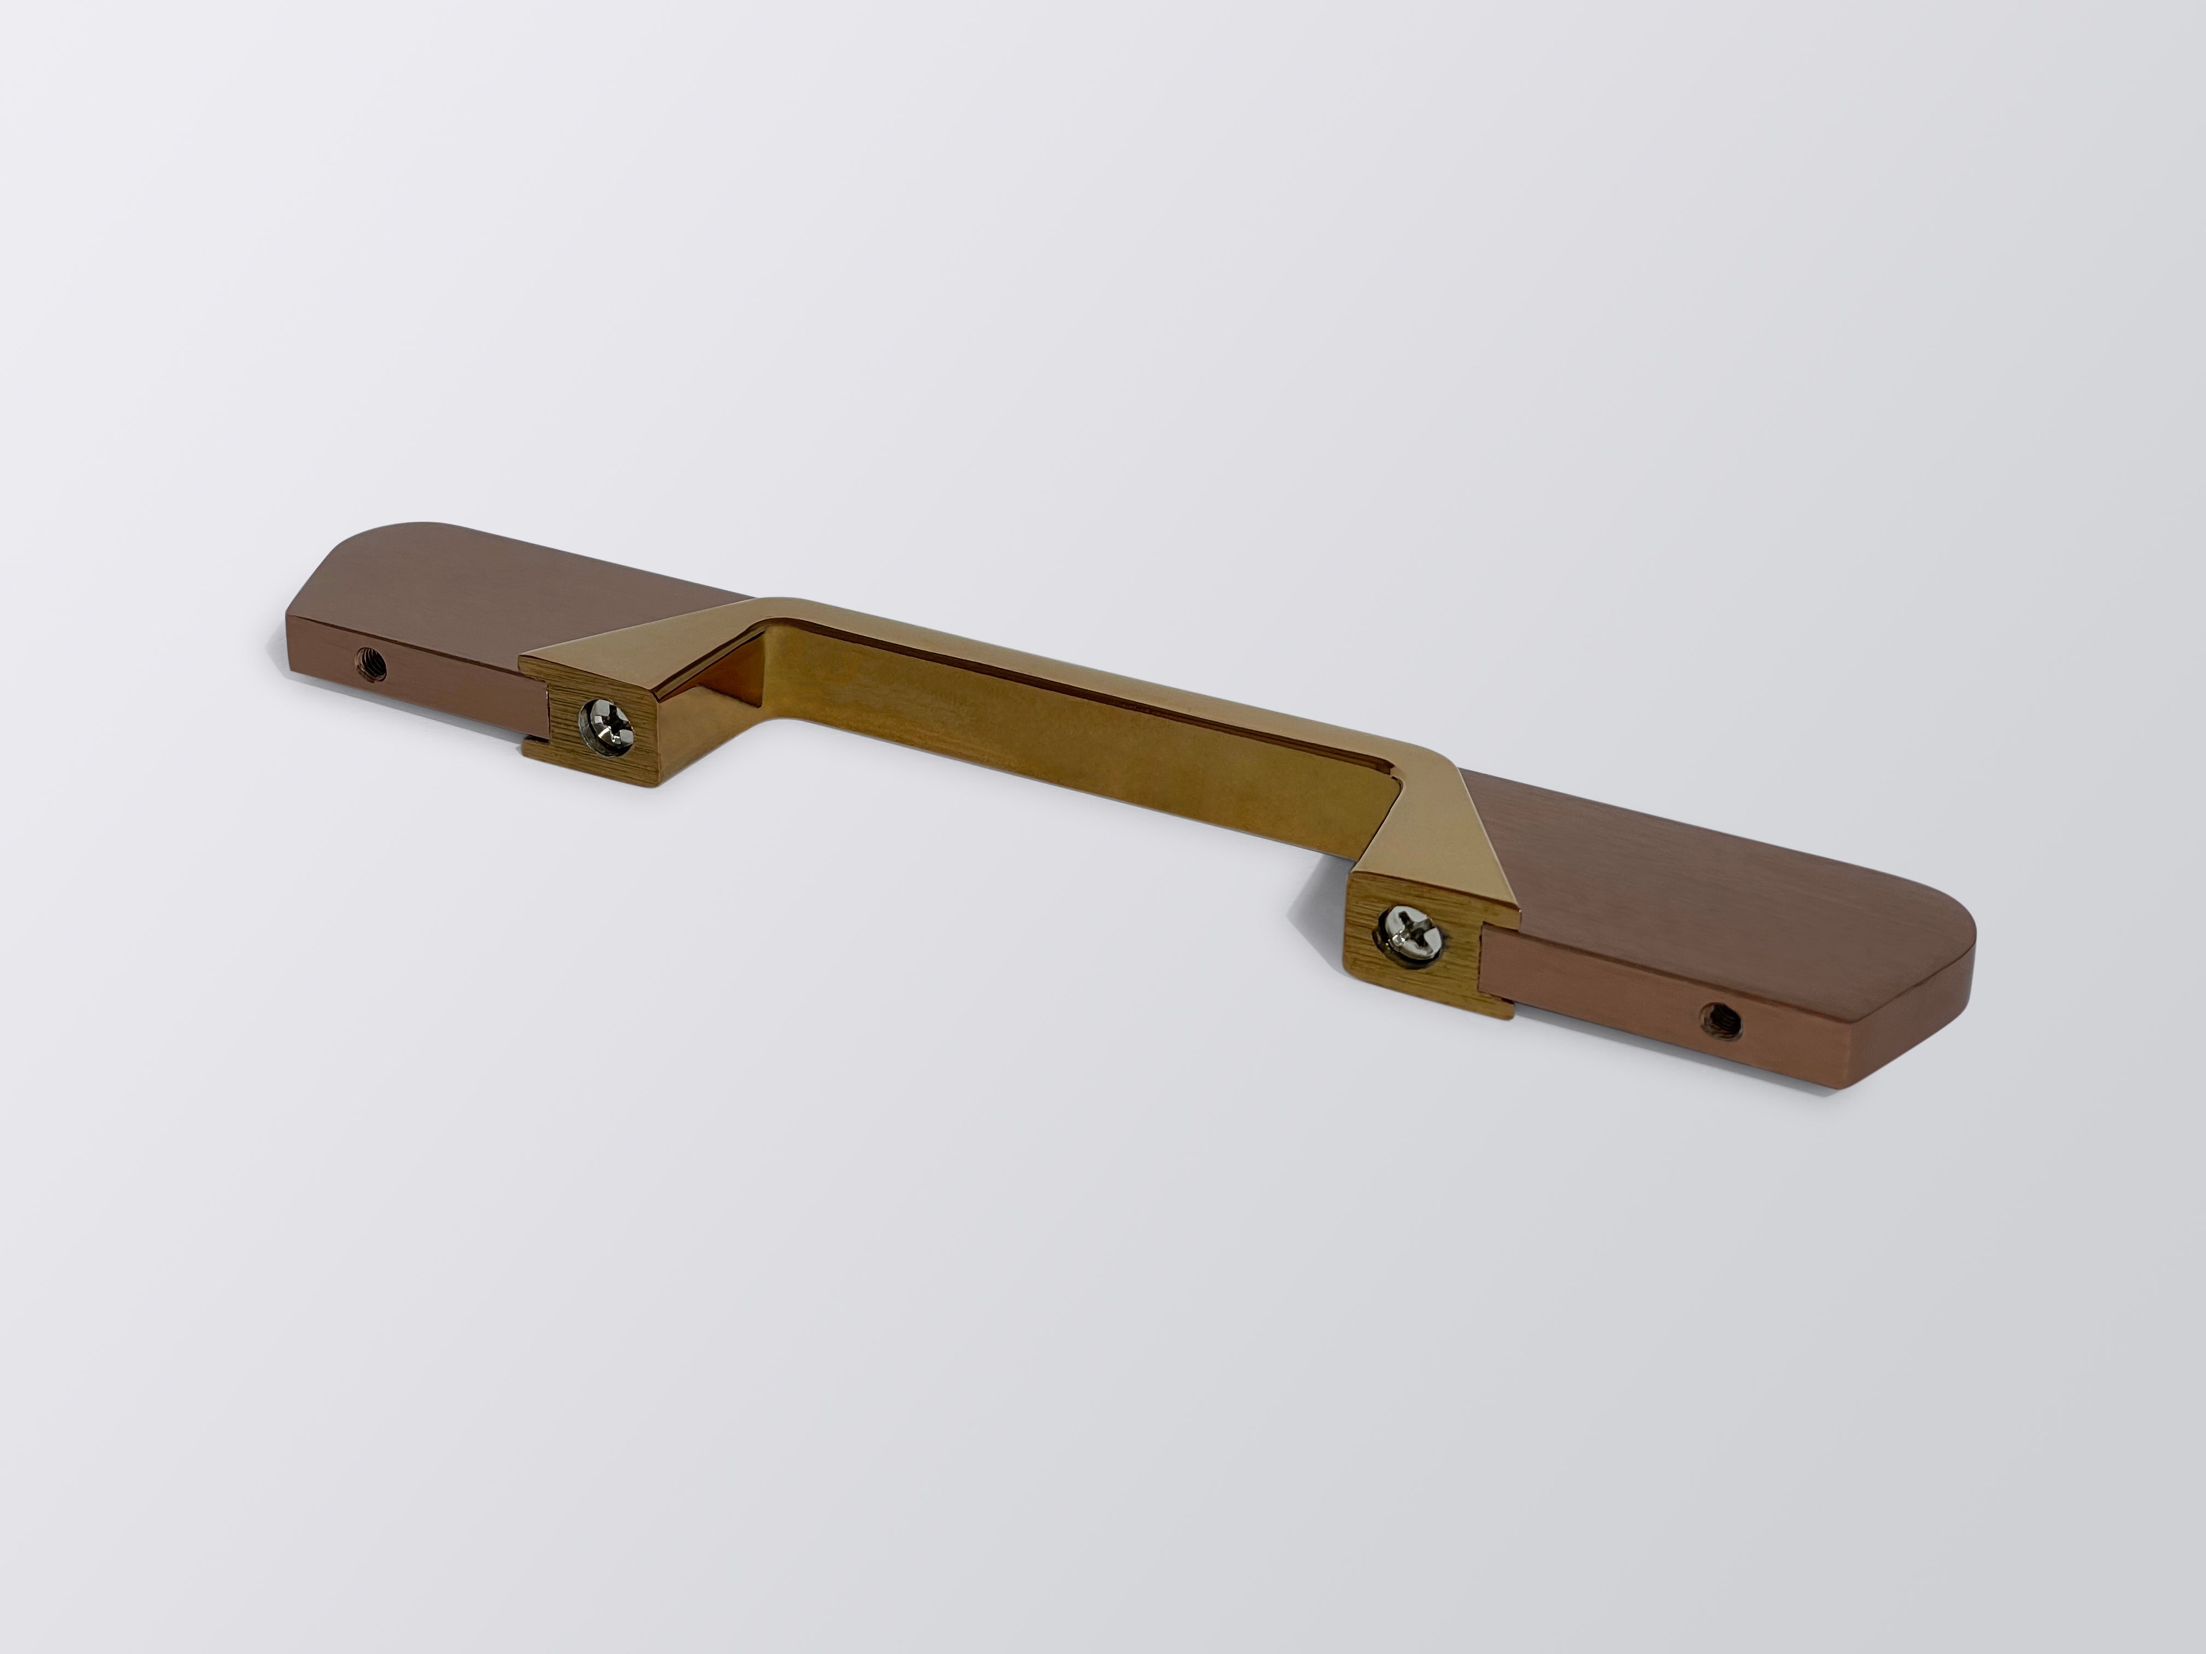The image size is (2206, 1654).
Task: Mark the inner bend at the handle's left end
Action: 768,638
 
